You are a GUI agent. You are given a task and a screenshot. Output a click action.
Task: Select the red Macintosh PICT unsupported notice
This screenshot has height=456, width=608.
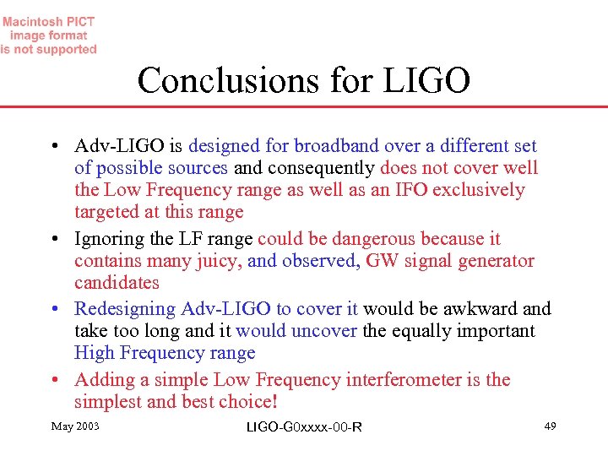(x=49, y=35)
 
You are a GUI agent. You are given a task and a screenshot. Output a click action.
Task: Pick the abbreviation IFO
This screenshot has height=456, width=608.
(x=410, y=190)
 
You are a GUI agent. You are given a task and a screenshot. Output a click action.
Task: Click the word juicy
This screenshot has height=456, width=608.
(x=220, y=261)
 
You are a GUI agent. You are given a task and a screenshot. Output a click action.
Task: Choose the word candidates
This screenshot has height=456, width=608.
(x=117, y=283)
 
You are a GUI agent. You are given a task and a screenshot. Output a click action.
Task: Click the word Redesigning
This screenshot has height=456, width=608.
(x=125, y=309)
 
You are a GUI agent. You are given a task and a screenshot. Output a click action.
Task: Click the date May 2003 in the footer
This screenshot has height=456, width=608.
(x=75, y=426)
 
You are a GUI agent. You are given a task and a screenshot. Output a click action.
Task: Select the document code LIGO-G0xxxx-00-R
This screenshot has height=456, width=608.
(x=304, y=426)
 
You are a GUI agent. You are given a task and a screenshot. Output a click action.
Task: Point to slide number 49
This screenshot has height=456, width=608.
(x=550, y=426)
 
